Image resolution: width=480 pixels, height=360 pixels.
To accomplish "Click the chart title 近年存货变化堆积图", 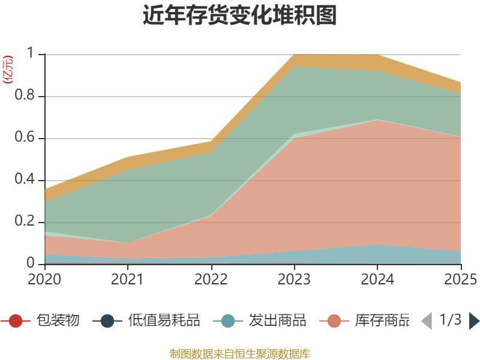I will pyautogui.click(x=239, y=16).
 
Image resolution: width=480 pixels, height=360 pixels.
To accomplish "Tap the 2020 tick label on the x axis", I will pyautogui.click(x=44, y=280).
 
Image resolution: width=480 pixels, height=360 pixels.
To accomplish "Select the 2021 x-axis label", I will pyautogui.click(x=127, y=280).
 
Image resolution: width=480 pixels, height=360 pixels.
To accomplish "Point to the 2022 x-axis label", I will pyautogui.click(x=211, y=280).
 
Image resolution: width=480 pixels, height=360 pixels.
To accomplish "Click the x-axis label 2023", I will pyautogui.click(x=294, y=280).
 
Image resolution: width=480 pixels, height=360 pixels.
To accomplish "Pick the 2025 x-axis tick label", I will pyautogui.click(x=460, y=280).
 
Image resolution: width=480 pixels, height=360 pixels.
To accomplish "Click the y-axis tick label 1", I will pyautogui.click(x=34, y=54).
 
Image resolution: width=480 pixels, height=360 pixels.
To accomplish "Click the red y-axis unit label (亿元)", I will pyautogui.click(x=8, y=69).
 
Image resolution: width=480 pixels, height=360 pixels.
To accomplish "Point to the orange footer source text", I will pyautogui.click(x=239, y=353).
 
